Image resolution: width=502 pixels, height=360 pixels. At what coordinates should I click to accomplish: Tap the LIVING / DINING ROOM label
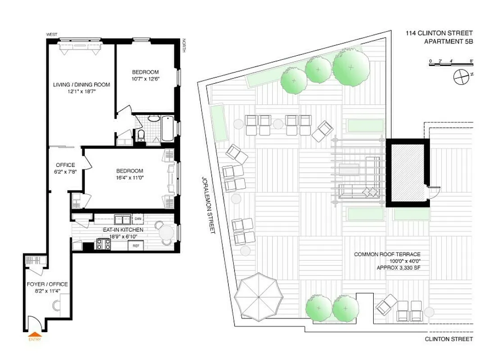point(81,85)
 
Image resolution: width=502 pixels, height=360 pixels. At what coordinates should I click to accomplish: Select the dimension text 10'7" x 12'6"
point(145,79)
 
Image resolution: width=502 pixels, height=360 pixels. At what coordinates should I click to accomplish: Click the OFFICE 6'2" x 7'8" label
point(65,165)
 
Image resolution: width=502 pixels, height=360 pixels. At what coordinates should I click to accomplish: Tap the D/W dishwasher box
point(138,219)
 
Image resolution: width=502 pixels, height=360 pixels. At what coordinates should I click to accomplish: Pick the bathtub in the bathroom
point(167,129)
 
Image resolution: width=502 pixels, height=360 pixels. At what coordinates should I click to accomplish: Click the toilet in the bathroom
point(141,135)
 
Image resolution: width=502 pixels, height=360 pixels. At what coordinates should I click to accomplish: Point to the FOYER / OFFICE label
point(48,284)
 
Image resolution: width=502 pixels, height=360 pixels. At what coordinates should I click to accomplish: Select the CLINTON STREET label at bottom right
point(448,339)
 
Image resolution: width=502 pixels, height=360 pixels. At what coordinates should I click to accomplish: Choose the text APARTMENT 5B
point(448,41)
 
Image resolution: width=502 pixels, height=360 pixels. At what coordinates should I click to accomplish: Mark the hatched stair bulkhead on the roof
point(407,172)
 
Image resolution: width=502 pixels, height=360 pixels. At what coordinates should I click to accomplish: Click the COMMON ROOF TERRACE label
point(387,254)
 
